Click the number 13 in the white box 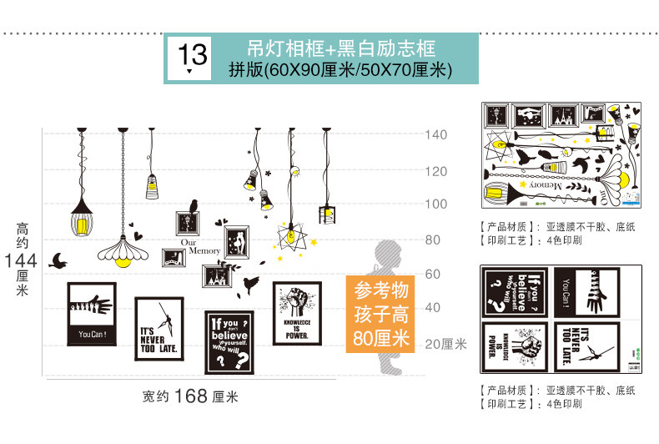coord(193,55)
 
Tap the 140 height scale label coord(436,134)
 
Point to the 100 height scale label coord(436,204)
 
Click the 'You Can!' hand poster coord(91,314)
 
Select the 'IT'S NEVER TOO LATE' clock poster coord(158,330)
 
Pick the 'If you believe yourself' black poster coord(229,342)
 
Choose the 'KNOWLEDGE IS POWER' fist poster coord(297,312)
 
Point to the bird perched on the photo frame coord(192,207)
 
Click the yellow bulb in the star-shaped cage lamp coord(289,236)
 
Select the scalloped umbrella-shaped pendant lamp coord(122,250)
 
